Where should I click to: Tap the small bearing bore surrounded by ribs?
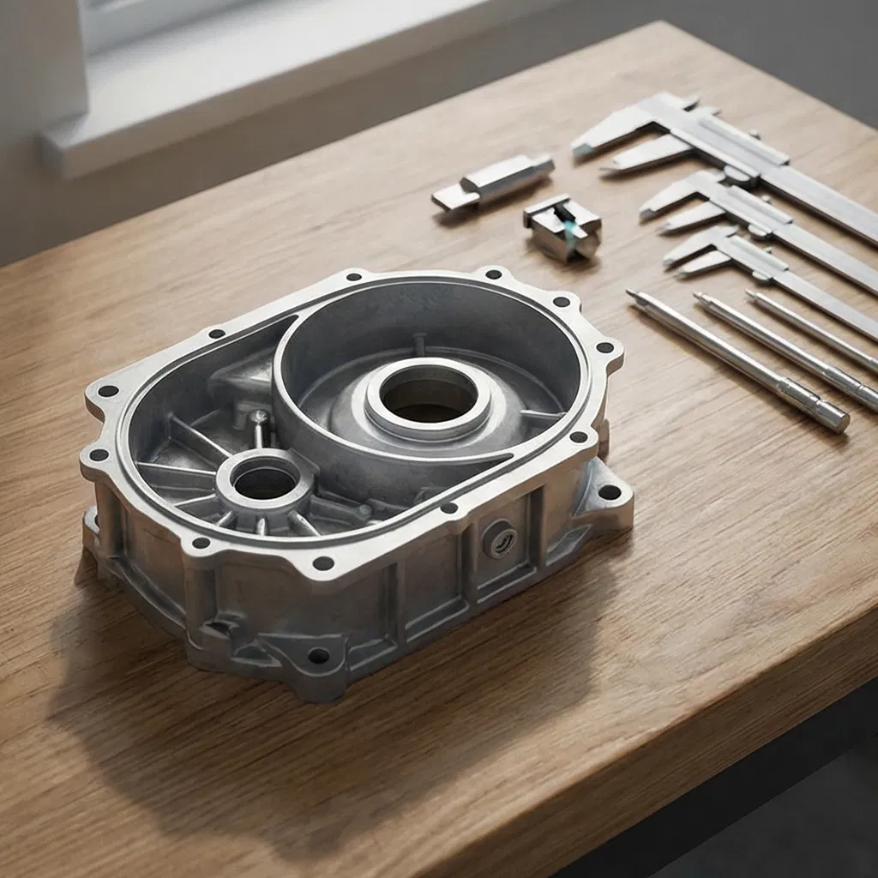[262, 483]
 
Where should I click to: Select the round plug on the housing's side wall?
[499, 540]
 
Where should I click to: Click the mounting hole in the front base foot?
[318, 656]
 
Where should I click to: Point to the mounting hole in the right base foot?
[609, 492]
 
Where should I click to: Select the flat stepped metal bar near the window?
[492, 182]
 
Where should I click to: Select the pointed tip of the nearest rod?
[633, 295]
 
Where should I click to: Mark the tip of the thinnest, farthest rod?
[751, 294]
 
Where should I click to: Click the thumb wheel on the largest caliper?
[736, 174]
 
